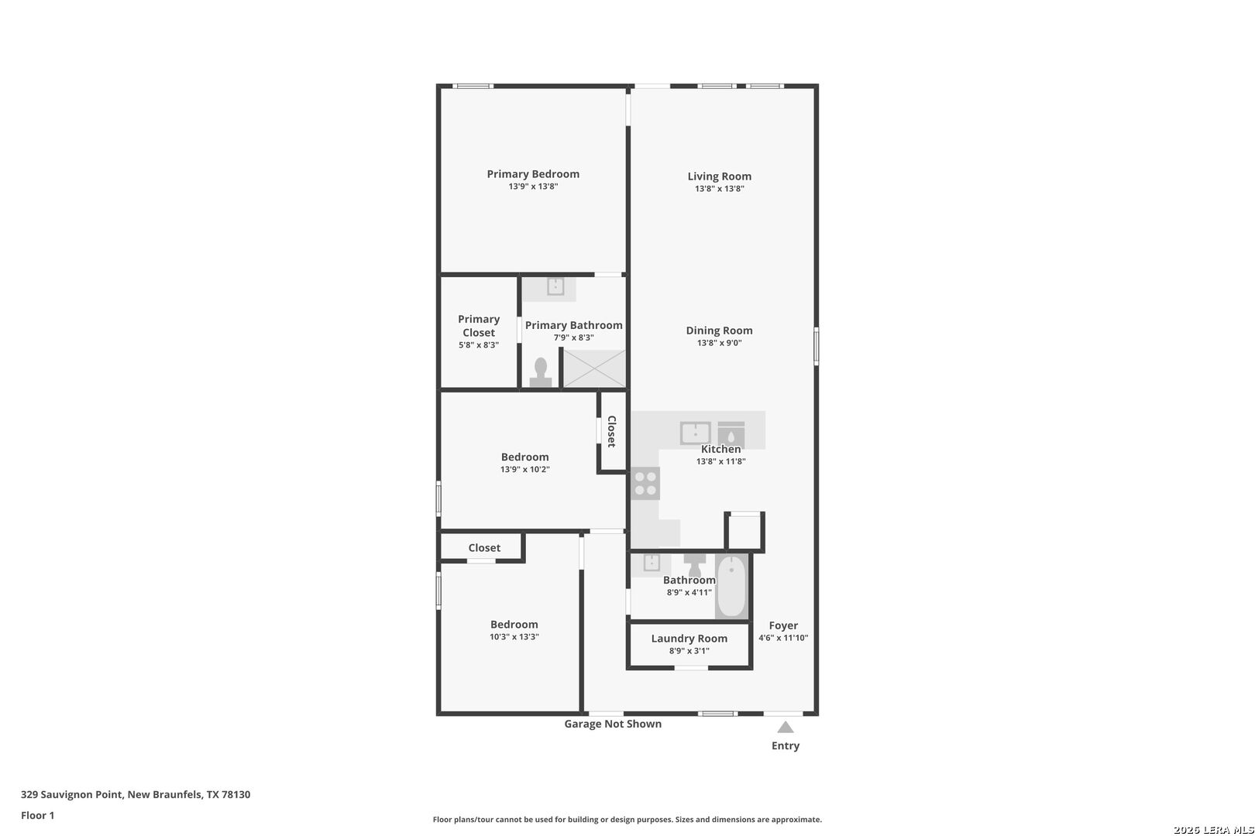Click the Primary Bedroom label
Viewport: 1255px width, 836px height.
pyautogui.click(x=533, y=174)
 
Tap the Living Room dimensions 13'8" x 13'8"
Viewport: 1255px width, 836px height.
pyautogui.click(x=720, y=189)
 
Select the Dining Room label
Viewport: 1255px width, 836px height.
pyautogui.click(x=720, y=331)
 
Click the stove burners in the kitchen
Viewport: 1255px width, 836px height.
pyautogui.click(x=645, y=484)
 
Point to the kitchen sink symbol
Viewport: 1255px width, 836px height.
pyautogui.click(x=696, y=433)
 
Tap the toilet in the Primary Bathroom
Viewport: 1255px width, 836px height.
pyautogui.click(x=541, y=372)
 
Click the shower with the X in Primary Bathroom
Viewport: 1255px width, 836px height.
pyautogui.click(x=594, y=368)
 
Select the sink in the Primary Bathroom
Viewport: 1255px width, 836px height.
pyautogui.click(x=555, y=286)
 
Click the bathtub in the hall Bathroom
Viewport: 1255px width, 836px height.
pyautogui.click(x=731, y=586)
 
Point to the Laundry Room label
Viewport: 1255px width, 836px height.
pyautogui.click(x=689, y=639)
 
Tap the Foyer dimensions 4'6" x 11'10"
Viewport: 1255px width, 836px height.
pyautogui.click(x=783, y=638)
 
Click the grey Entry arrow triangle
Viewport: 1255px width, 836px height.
pyautogui.click(x=786, y=728)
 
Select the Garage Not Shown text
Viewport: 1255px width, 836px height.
pyautogui.click(x=613, y=724)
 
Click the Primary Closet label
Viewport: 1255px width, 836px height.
pyautogui.click(x=479, y=326)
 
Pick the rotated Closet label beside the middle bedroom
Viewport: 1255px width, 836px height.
pyautogui.click(x=612, y=432)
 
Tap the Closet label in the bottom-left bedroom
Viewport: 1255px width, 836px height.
pyautogui.click(x=484, y=547)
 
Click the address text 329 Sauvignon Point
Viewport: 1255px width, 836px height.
pyautogui.click(x=72, y=794)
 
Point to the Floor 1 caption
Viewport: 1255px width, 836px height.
pyautogui.click(x=37, y=815)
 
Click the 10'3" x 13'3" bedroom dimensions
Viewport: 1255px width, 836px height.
pyautogui.click(x=514, y=636)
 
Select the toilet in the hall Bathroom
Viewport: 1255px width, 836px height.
pyautogui.click(x=695, y=564)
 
